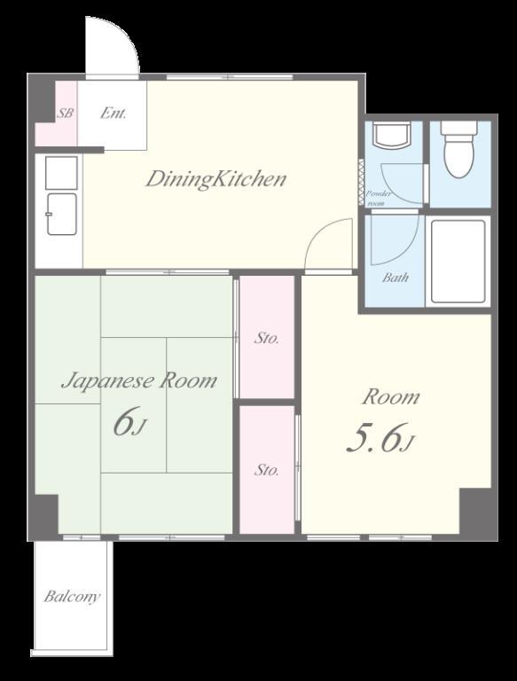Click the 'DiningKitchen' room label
(215, 179)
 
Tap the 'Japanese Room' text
(139, 381)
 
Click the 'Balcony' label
(72, 596)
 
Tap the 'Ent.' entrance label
(113, 113)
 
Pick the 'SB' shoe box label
(66, 113)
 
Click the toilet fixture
(460, 149)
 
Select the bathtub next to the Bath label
(458, 262)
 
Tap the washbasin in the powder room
(392, 135)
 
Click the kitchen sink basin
(62, 214)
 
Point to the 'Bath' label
(396, 277)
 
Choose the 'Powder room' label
(379, 198)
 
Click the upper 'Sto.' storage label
(266, 338)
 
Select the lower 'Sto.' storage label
(266, 469)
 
